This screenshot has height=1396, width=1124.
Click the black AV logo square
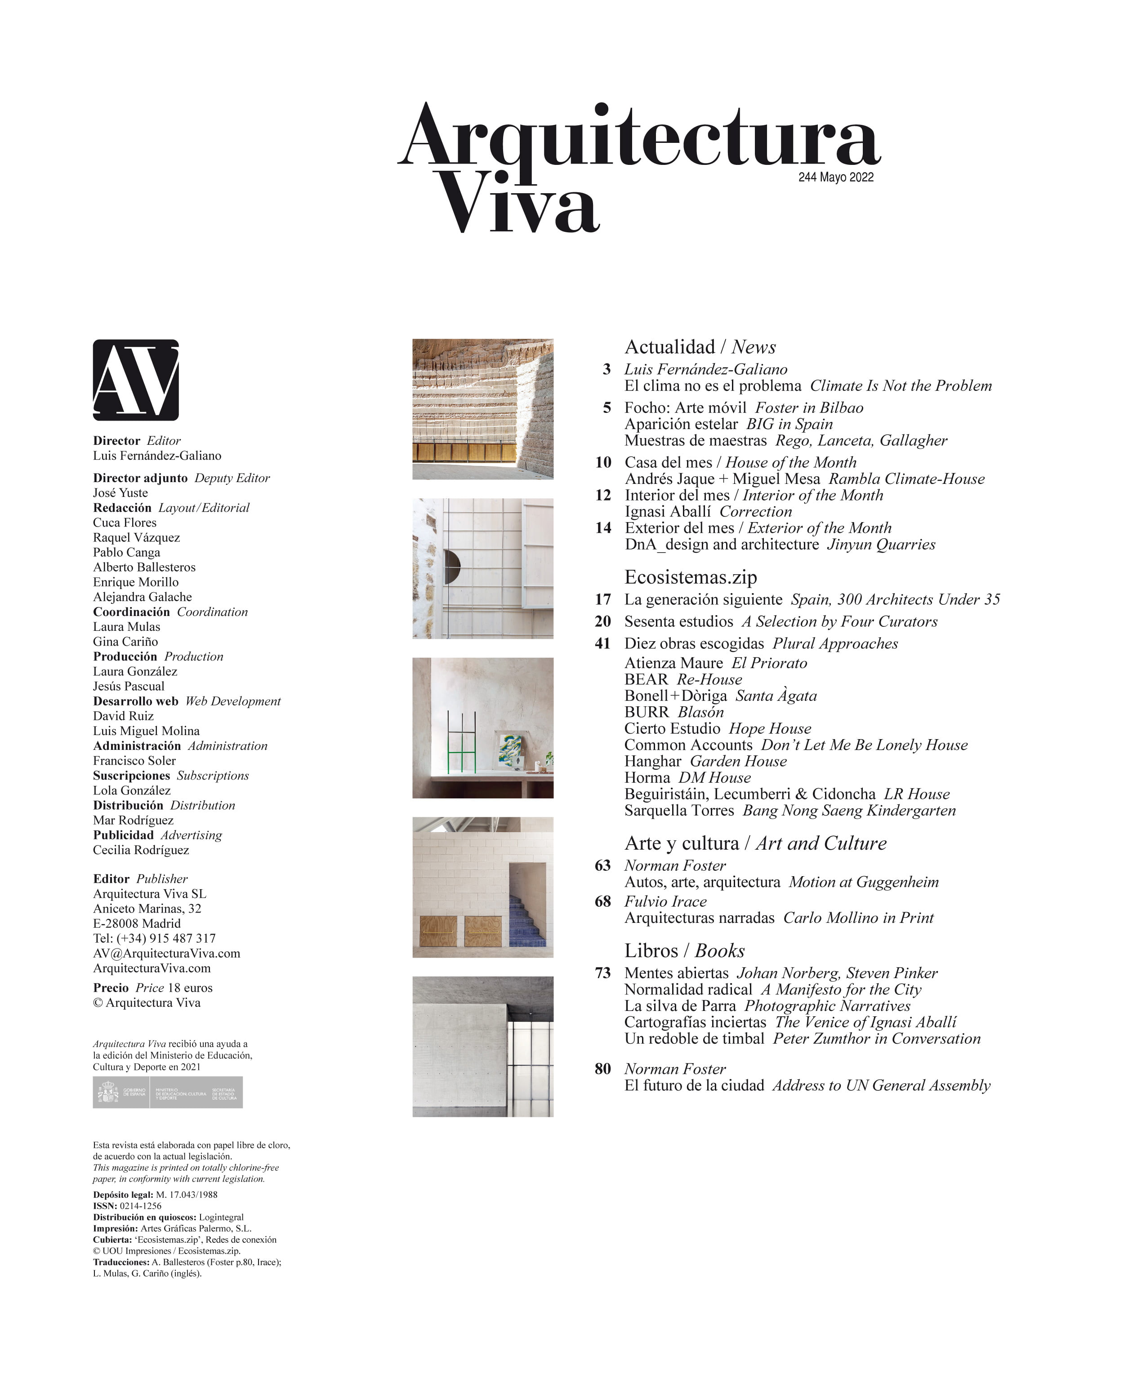coord(135,380)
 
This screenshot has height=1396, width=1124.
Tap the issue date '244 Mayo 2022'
coord(836,177)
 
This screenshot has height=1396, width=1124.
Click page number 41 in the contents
coord(602,643)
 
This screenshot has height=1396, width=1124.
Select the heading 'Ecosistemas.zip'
coord(690,577)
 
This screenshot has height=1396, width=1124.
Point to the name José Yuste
coord(120,493)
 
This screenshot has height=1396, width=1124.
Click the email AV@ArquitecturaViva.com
coord(166,953)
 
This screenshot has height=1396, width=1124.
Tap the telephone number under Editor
coord(154,938)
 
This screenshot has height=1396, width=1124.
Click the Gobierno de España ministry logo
coord(167,1092)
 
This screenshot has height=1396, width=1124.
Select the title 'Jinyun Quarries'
coord(881,545)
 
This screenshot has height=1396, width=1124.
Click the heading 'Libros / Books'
coord(684,951)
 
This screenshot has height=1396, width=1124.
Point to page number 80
coord(602,1069)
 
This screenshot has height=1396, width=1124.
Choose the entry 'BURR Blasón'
coord(674,712)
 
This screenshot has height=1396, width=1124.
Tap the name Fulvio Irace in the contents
coord(665,901)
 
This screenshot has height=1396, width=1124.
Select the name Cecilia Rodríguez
coord(141,850)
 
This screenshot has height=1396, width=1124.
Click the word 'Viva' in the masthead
coord(518,204)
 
